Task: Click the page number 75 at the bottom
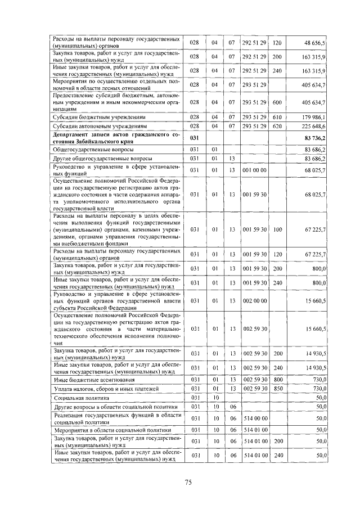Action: pos(188,483)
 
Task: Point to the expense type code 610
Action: pos(277,116)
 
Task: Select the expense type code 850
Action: pos(277,389)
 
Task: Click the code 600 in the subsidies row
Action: pos(277,102)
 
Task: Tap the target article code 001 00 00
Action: pos(255,169)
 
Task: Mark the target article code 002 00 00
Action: pos(255,301)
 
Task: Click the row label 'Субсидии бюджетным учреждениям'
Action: pos(91,116)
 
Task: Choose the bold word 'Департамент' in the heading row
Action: pos(74,135)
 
